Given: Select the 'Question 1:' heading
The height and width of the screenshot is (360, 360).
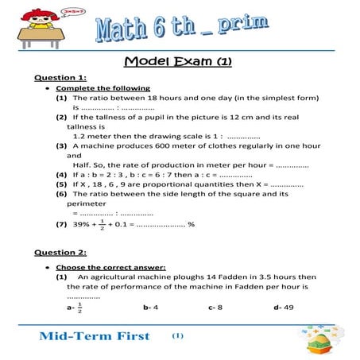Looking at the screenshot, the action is pyautogui.click(x=60, y=78).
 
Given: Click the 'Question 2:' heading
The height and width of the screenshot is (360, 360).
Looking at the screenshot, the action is pyautogui.click(x=60, y=252).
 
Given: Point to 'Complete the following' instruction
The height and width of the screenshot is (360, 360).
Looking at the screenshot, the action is pyautogui.click(x=103, y=88).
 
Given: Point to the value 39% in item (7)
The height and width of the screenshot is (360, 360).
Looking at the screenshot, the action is pyautogui.click(x=80, y=225).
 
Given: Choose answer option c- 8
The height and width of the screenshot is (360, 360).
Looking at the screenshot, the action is pyautogui.click(x=215, y=307).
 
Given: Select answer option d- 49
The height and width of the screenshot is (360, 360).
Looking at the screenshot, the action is pyautogui.click(x=282, y=307).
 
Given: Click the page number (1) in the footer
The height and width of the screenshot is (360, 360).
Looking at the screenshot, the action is pyautogui.click(x=177, y=335).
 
